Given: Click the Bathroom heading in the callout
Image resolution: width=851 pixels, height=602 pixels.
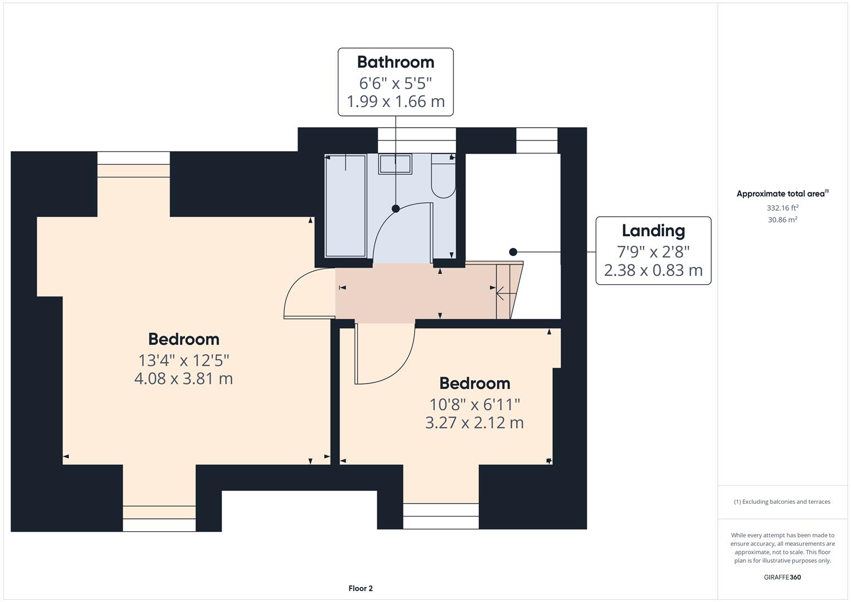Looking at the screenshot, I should pos(395,62).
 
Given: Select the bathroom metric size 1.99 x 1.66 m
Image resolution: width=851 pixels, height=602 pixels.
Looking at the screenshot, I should pos(395,101).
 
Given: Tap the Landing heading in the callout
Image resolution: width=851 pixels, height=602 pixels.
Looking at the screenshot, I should pos(653,231).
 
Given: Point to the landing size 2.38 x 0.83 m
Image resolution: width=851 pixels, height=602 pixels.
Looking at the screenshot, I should pos(653,270).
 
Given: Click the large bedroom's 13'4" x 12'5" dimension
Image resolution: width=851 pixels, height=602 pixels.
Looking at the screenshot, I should pos(183,360).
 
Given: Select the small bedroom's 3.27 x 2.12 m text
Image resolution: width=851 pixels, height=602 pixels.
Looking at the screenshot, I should pos(474,423).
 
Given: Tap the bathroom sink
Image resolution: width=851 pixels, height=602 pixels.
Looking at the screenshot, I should pos(395,164).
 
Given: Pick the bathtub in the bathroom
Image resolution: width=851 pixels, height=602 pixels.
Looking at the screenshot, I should pos(346,206).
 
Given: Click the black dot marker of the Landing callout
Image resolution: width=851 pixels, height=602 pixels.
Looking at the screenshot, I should pos(513,252).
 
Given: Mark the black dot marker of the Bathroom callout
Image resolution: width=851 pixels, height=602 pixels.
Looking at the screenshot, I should pos(395,208).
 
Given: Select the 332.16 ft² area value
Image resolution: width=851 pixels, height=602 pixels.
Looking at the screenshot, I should pos(782,208).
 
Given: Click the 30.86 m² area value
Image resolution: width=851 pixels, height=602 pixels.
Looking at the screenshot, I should pos(782,220).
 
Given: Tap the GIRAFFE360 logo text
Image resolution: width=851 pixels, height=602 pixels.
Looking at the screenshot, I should pos(782,577).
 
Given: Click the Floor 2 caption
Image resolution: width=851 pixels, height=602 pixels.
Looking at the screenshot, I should pos(361,588).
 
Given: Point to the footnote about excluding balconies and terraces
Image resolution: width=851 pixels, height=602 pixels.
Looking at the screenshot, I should pos(782,502).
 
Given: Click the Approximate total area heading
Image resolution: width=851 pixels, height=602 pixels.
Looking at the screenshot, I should pos(782,194).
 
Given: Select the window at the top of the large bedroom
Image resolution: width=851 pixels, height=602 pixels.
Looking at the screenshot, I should pos(134,158).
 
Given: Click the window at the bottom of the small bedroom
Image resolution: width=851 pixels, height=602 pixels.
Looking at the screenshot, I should pos(441,516).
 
